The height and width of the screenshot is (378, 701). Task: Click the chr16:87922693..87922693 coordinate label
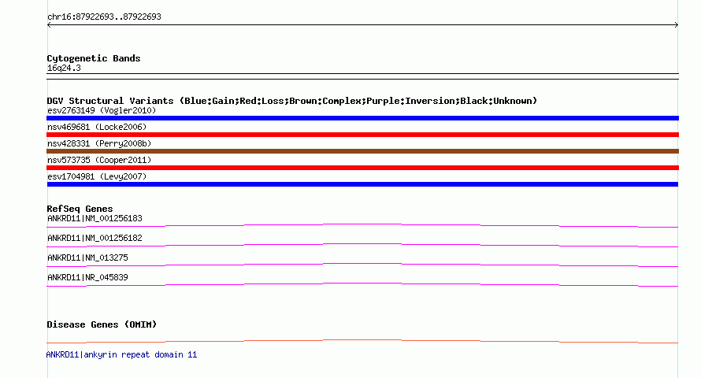click(x=104, y=17)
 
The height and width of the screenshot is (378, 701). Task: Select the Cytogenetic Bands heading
click(x=94, y=58)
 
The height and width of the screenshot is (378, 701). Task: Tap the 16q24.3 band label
click(x=64, y=69)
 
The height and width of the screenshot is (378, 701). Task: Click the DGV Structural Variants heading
click(x=291, y=101)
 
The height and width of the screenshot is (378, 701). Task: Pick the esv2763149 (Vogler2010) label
click(x=102, y=110)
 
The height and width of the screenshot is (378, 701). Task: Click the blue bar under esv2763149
click(x=362, y=118)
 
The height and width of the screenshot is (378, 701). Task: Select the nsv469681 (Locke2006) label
click(x=97, y=127)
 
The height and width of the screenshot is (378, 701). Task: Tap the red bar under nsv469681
click(x=362, y=135)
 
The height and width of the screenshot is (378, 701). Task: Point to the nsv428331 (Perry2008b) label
click(x=99, y=143)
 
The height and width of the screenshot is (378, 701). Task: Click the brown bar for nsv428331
click(x=362, y=151)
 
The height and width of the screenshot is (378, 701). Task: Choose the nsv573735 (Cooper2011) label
click(x=99, y=160)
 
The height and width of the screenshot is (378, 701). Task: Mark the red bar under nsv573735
click(x=362, y=168)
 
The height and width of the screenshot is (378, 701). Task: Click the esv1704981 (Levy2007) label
click(x=97, y=176)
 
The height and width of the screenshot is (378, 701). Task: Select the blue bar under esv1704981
click(x=362, y=184)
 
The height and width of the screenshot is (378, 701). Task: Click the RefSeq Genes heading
click(x=80, y=209)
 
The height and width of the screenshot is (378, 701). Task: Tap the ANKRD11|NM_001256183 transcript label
click(x=95, y=218)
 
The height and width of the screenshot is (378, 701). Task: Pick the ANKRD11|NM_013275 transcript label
click(x=87, y=258)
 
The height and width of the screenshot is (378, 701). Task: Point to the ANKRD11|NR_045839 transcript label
click(x=87, y=277)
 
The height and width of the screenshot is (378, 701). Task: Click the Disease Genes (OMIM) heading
click(x=102, y=324)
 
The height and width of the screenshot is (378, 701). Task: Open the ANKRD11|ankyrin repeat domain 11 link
click(x=121, y=354)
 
